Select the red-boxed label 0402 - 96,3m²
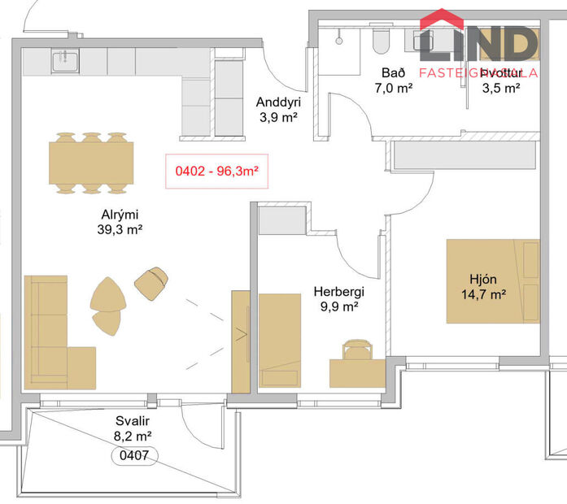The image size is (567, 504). click(x=216, y=172)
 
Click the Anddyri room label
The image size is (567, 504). click(x=278, y=102)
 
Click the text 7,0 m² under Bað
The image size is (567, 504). click(x=394, y=88)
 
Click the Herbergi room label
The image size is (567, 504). click(x=338, y=292)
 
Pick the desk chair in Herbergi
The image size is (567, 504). click(x=356, y=350)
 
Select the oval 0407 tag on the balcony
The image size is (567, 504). click(x=133, y=456)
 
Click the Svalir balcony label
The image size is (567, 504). click(x=132, y=421)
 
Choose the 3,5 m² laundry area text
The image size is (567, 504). click(x=501, y=88)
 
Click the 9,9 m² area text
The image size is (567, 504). click(x=338, y=306)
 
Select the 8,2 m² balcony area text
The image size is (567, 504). click(x=132, y=436)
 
